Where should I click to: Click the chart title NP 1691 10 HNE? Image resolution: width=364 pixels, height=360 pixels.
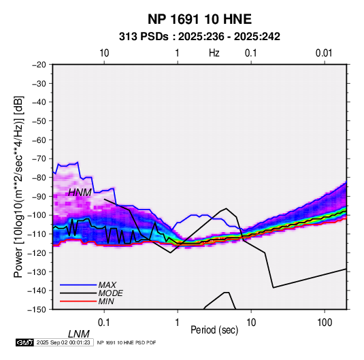[x=199, y=19]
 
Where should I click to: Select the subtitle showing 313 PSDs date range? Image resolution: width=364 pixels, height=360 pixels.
[x=199, y=37]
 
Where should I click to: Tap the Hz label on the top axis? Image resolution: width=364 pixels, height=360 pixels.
[x=214, y=53]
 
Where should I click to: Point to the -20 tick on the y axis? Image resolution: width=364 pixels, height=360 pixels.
[x=39, y=65]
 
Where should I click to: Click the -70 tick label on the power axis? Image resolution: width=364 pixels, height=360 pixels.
[x=39, y=159]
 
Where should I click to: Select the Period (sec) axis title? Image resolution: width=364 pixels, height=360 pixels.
[x=214, y=330]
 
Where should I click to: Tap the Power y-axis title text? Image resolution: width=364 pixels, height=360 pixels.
[x=18, y=187]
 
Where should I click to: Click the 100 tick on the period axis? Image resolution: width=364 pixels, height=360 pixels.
[x=325, y=323]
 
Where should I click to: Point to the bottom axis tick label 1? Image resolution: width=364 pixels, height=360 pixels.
[x=178, y=323]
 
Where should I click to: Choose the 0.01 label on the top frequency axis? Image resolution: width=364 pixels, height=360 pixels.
[x=324, y=53]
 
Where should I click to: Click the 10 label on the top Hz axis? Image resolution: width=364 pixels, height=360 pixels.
[x=104, y=53]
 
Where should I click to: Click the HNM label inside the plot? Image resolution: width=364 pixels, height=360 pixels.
[x=80, y=193]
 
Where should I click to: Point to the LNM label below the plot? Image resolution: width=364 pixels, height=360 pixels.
[x=79, y=334]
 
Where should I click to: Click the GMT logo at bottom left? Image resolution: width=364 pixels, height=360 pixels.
[x=25, y=342]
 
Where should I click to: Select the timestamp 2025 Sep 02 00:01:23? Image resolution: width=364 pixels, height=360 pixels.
[x=63, y=342]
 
